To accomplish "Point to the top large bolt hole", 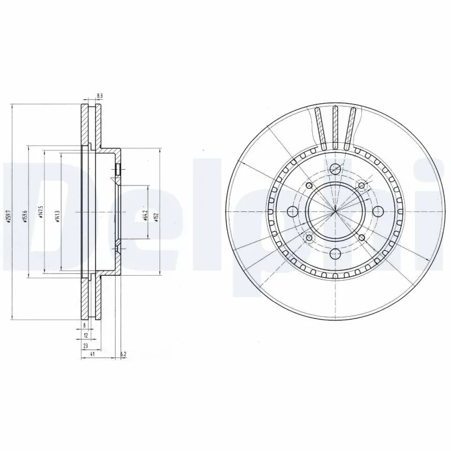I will click(335, 169).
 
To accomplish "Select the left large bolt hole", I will click(292, 211).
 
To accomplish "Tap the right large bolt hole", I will click(378, 211).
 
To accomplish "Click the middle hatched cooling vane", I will click(335, 127).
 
